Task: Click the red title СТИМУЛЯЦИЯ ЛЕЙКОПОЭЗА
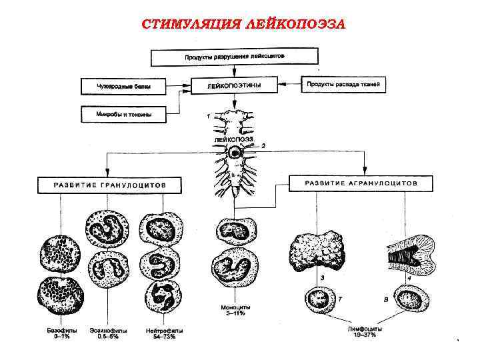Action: click(x=243, y=25)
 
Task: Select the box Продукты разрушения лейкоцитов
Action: click(x=234, y=57)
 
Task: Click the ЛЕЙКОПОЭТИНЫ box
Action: click(x=234, y=86)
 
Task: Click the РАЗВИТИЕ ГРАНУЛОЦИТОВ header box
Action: click(x=109, y=184)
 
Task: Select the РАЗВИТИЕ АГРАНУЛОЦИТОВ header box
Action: click(x=361, y=183)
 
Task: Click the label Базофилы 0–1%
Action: click(x=57, y=333)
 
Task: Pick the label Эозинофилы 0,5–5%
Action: click(x=108, y=333)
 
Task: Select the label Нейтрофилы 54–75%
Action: click(x=164, y=333)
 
